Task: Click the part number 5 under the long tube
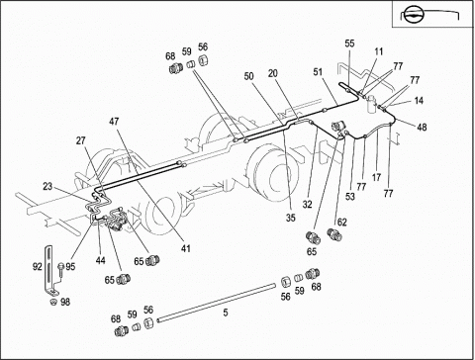[226, 313]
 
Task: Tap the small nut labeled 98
[52, 303]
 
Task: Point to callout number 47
[114, 122]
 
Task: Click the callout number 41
[186, 248]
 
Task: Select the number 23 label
[47, 186]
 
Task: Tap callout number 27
[81, 140]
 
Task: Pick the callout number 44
[101, 260]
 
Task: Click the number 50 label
[249, 76]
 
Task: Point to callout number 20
[273, 73]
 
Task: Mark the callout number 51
[318, 72]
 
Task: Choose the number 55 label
[349, 44]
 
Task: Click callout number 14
[419, 100]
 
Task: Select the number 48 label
[422, 127]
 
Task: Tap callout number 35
[291, 218]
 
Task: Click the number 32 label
[307, 205]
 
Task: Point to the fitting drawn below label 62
[334, 234]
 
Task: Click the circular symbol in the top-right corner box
[412, 15]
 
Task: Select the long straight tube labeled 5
[216, 302]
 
